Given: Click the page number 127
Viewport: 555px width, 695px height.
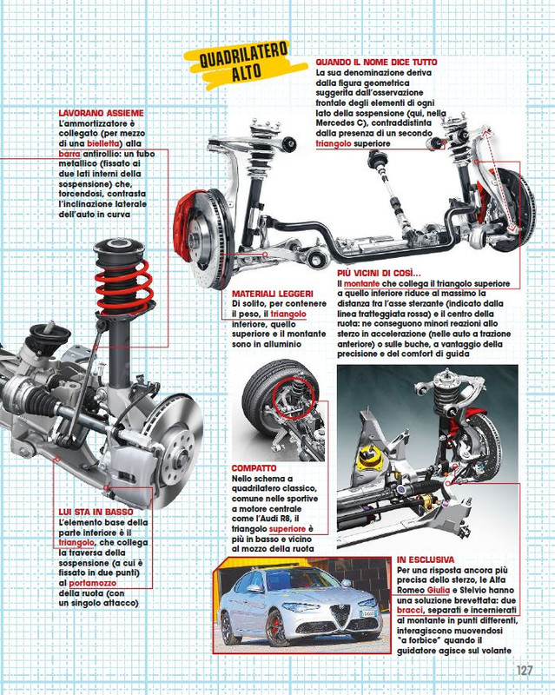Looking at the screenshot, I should (x=523, y=671).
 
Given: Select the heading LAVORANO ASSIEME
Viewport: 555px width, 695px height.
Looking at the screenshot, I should (x=101, y=113).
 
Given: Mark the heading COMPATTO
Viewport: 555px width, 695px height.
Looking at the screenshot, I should (x=254, y=467).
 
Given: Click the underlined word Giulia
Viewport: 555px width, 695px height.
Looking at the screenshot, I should (x=446, y=589).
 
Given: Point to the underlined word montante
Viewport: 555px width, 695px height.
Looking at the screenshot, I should (x=362, y=284).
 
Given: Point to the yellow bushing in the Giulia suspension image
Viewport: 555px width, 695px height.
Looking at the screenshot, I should (x=377, y=453).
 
